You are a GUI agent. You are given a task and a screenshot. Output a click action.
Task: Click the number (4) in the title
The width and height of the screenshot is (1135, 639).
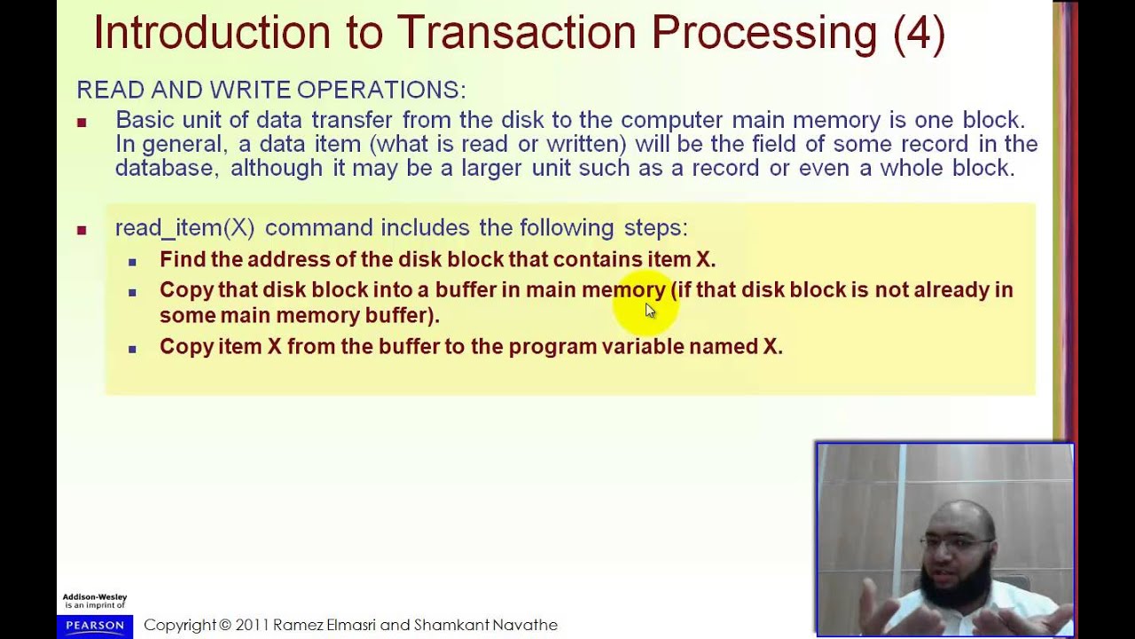[x=919, y=33]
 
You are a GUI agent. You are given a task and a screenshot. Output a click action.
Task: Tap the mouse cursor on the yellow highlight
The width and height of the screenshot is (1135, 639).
[x=649, y=310]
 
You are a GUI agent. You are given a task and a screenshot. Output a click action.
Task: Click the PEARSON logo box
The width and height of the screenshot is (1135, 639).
[x=95, y=626]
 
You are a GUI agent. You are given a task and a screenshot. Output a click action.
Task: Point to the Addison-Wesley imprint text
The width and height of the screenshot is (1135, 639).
[x=95, y=601]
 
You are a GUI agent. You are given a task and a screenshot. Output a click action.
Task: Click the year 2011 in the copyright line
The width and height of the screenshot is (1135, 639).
[x=253, y=625]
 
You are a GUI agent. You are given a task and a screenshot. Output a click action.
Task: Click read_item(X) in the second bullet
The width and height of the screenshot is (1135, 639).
[x=184, y=228]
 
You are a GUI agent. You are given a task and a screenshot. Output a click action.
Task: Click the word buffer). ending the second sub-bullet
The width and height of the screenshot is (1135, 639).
[x=402, y=315]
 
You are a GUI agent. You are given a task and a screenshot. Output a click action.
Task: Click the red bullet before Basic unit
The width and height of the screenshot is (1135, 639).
[x=82, y=122]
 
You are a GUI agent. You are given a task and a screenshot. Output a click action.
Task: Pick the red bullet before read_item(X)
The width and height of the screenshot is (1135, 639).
[x=82, y=230]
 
